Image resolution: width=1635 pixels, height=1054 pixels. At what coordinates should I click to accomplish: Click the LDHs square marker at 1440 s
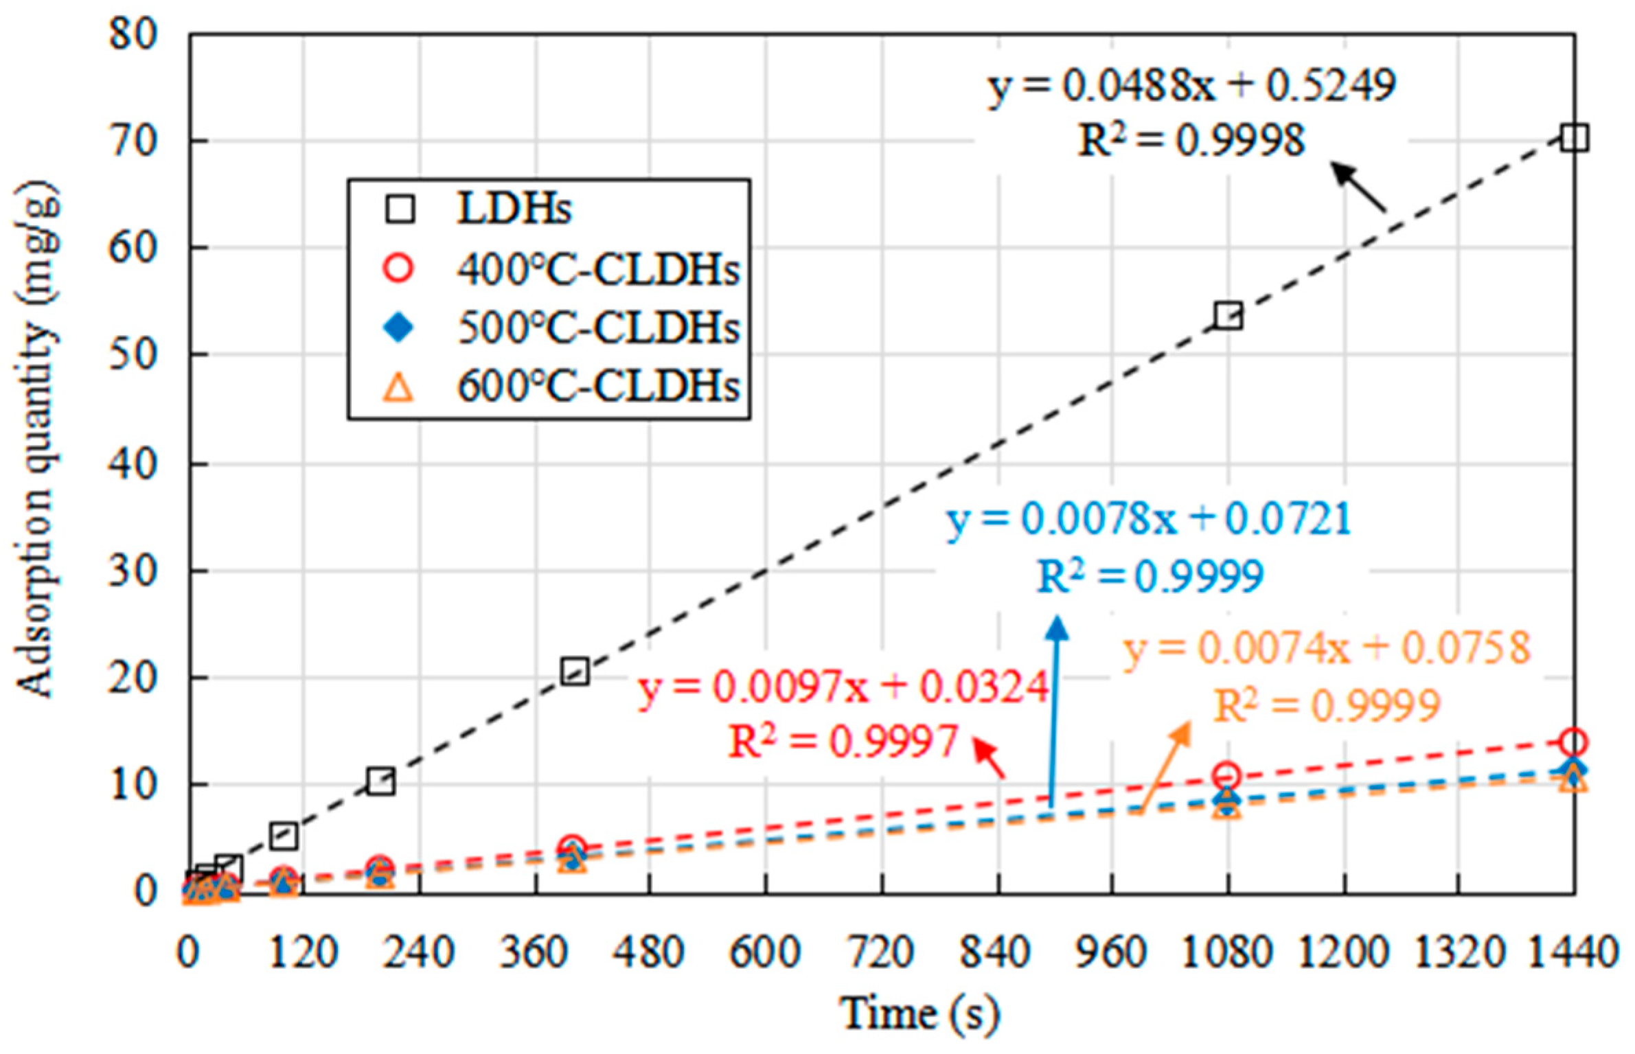(1574, 138)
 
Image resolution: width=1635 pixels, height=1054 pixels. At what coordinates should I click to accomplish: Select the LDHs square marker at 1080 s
(1228, 317)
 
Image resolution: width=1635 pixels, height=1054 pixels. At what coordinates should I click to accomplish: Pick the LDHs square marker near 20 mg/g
(575, 672)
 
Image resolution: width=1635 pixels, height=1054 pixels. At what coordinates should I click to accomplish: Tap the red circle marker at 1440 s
(1573, 742)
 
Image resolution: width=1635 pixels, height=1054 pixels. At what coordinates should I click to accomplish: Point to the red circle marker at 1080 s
(1227, 776)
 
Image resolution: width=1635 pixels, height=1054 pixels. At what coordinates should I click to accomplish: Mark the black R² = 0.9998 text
(1191, 141)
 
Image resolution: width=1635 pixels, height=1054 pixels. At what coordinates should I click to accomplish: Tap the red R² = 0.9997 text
(843, 742)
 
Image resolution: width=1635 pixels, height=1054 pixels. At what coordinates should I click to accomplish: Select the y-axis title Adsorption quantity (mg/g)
(36, 440)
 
